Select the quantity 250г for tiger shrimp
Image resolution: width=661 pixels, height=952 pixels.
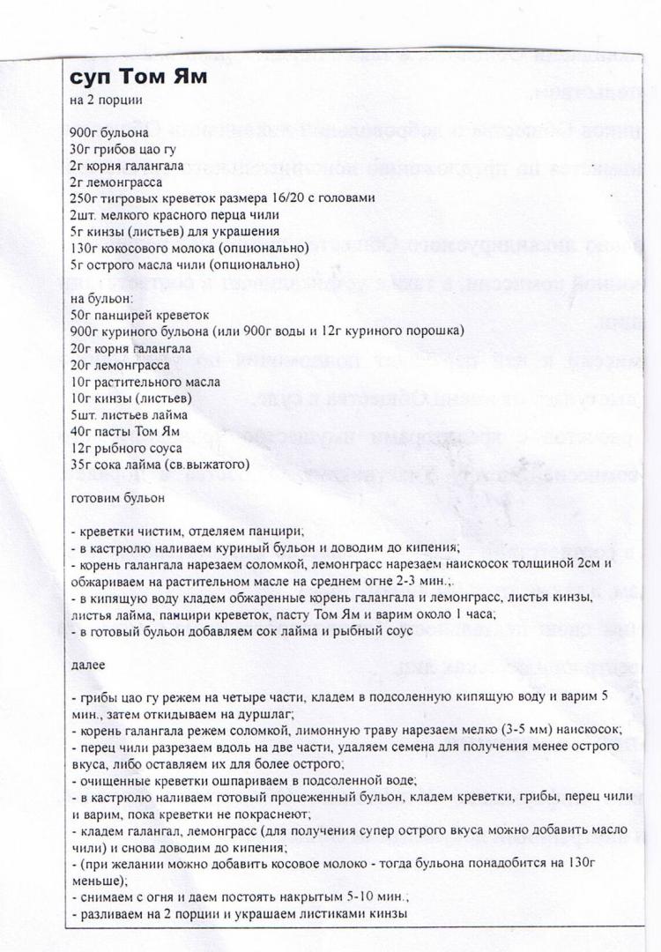point(84,197)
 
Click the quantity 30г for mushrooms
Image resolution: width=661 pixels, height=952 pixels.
point(80,147)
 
